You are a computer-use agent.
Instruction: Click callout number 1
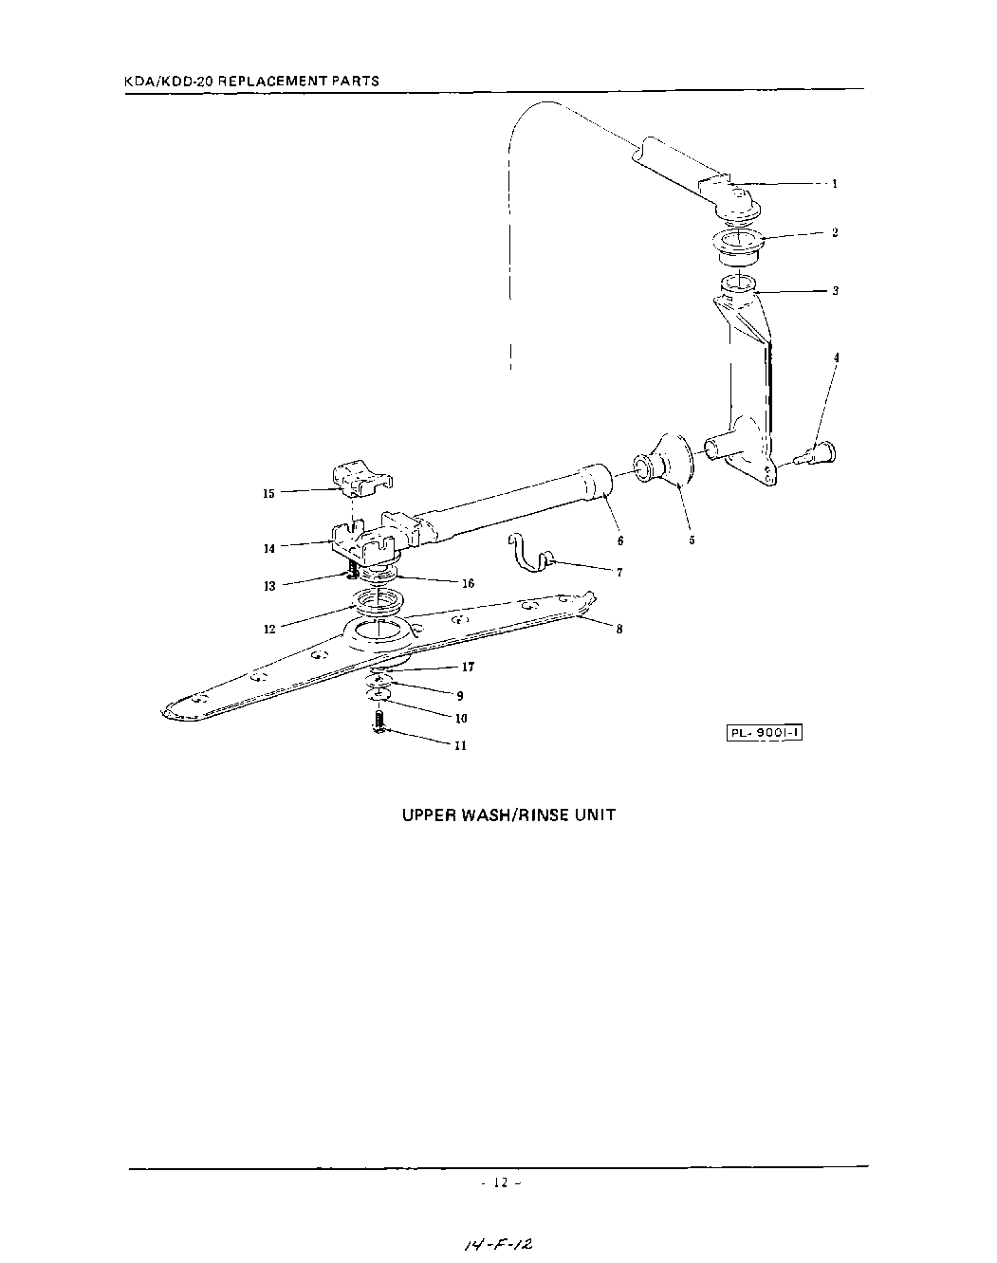(x=835, y=184)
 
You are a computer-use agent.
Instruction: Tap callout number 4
(x=836, y=357)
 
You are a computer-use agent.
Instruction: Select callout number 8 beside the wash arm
(x=619, y=629)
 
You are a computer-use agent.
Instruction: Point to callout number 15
(x=268, y=493)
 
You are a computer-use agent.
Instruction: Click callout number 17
(x=468, y=667)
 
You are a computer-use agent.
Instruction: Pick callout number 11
(x=460, y=745)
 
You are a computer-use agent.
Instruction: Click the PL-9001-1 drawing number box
(x=765, y=733)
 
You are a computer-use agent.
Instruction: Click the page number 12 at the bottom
(x=502, y=1182)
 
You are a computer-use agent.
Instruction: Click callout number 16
(x=468, y=584)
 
